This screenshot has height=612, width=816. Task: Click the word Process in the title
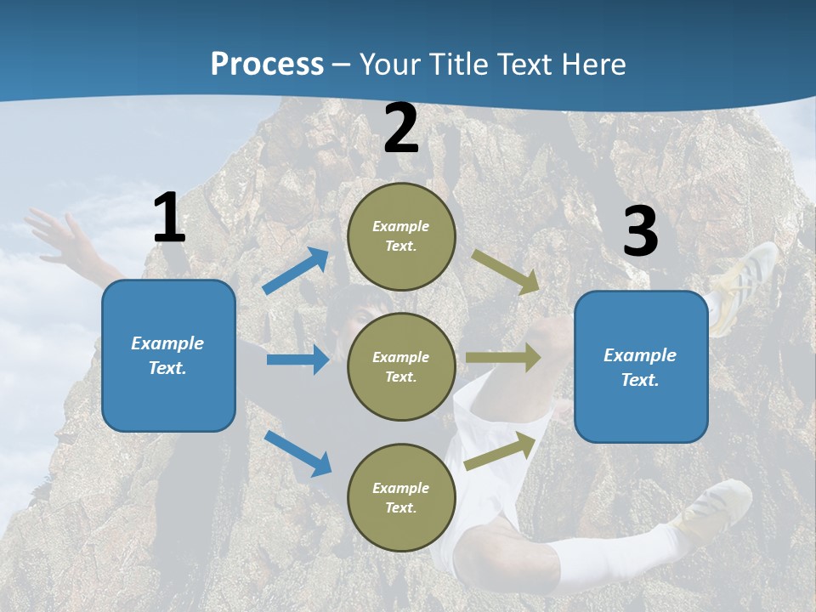click(267, 64)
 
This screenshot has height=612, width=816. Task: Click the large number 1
click(169, 218)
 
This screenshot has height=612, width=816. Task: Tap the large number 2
click(401, 129)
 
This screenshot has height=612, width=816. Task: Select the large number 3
click(640, 232)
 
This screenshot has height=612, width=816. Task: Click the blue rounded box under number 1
click(168, 355)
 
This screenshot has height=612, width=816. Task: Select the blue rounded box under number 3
click(641, 366)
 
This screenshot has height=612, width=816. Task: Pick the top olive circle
click(401, 236)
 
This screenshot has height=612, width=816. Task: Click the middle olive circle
click(401, 366)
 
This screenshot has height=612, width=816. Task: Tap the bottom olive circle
click(401, 497)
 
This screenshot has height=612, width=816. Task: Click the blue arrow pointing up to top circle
click(296, 271)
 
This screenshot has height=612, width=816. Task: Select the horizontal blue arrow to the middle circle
click(297, 360)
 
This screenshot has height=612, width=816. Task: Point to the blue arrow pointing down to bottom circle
click(297, 452)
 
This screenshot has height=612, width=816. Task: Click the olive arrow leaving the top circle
click(505, 271)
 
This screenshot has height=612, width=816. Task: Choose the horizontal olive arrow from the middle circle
click(503, 357)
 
